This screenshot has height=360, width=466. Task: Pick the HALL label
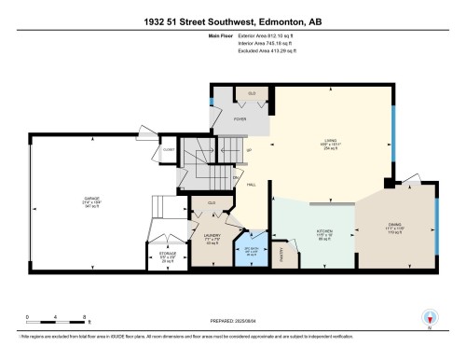252,186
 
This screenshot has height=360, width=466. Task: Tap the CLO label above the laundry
212,203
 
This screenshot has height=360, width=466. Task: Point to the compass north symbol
428,318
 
